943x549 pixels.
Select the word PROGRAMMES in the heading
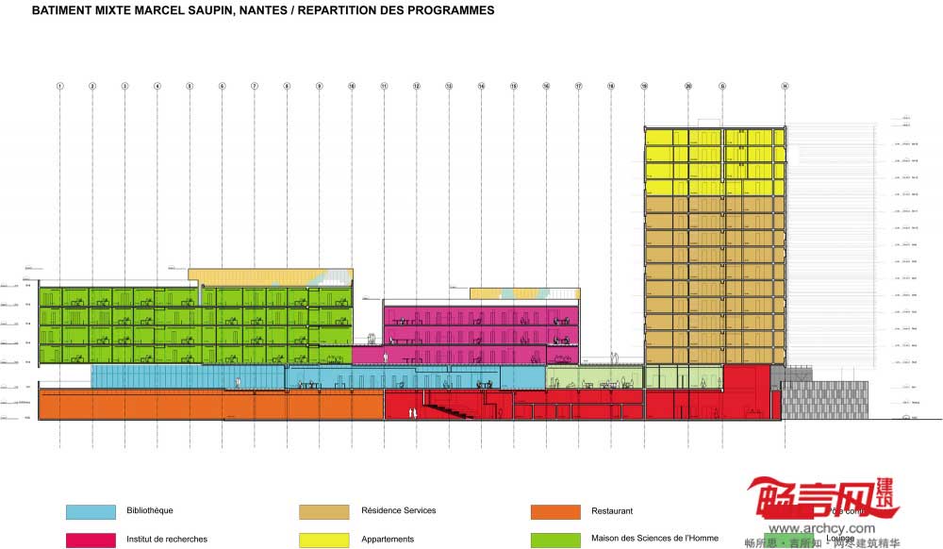(x=448, y=11)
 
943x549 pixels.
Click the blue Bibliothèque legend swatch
(x=91, y=511)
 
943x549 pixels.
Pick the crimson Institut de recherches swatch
(x=91, y=540)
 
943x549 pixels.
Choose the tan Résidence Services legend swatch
(x=324, y=511)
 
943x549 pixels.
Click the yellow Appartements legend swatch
(x=324, y=540)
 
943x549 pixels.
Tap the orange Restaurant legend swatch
(x=555, y=511)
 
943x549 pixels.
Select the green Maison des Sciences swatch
(x=555, y=540)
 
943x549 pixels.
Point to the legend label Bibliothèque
(x=150, y=511)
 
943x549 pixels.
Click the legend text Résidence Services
(x=399, y=511)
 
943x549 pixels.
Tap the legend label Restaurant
(x=612, y=511)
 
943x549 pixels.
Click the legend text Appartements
(x=388, y=540)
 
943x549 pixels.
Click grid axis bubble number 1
(x=59, y=86)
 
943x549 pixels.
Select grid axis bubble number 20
(x=688, y=86)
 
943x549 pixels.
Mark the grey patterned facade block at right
(x=822, y=400)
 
